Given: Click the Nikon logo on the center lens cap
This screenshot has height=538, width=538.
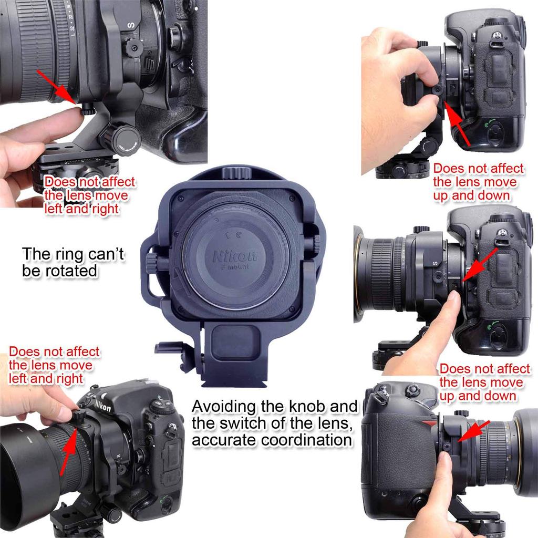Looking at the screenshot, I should pos(235,256).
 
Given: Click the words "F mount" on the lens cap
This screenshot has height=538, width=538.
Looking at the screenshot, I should pos(235,267).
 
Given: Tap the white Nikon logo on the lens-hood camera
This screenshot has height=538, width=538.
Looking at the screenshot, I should pos(103,406).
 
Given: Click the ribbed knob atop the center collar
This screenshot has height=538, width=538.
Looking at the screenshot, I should pos(234,172).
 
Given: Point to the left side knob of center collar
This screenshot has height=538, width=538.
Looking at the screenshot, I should pos(151,262).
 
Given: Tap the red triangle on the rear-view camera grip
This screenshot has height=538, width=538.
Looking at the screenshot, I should pos(430,423).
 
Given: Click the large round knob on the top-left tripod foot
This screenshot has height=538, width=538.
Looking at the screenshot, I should pos(118,138).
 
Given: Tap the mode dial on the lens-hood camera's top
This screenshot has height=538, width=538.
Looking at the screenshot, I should pos(160,407).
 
